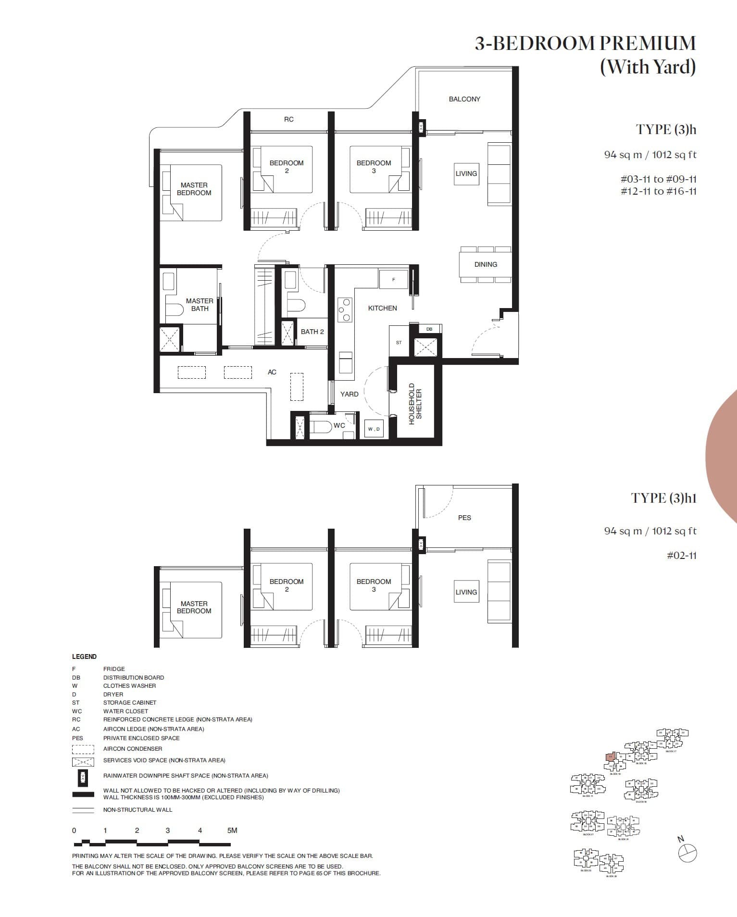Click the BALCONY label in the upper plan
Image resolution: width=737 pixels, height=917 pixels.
[464, 99]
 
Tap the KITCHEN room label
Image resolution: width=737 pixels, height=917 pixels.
[382, 308]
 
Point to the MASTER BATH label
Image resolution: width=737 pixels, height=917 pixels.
[200, 305]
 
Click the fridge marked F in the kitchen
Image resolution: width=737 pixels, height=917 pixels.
[393, 279]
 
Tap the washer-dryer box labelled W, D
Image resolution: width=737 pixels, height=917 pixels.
[374, 429]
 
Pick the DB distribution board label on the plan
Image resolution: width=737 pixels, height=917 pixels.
[429, 329]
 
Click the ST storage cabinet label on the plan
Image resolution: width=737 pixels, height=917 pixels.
[399, 343]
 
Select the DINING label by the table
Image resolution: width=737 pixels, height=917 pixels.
[486, 264]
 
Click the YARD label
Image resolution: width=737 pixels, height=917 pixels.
[349, 394]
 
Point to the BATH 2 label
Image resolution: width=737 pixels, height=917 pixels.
[312, 332]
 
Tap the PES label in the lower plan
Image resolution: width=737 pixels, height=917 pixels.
[464, 518]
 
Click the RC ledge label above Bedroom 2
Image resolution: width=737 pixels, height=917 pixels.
[288, 119]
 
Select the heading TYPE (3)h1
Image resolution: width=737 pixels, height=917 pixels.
[663, 498]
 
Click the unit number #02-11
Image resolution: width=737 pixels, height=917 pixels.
[682, 556]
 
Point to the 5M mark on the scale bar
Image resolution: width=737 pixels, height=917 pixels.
[232, 830]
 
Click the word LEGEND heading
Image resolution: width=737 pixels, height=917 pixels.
[84, 657]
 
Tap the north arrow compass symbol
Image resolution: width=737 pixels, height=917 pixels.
[687, 853]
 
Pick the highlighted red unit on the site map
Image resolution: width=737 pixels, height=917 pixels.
[610, 757]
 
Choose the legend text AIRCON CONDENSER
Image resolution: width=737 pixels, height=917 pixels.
[133, 748]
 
